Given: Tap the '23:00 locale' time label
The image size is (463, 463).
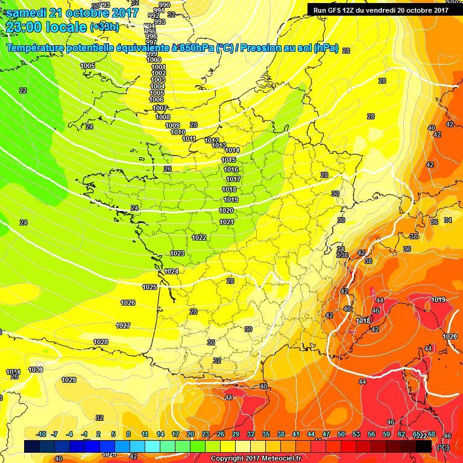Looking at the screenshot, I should pos(45,27).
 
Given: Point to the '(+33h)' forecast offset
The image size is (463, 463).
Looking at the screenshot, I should pos(104,27).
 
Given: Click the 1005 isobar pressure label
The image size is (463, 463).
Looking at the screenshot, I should pos(87,66).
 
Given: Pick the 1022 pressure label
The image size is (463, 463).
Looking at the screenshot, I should pos(200,238).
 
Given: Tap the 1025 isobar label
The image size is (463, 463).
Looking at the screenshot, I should pos(150,287).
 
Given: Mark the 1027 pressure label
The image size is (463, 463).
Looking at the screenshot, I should pos(123,326).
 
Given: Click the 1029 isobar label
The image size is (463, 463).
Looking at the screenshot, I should pos(69,380).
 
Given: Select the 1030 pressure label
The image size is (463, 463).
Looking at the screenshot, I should pos(36,370).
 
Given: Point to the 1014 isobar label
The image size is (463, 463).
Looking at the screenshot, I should pos(232,150).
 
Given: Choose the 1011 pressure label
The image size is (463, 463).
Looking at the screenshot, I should pos(189,139).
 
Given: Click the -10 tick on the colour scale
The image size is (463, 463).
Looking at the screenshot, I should pos(41,435).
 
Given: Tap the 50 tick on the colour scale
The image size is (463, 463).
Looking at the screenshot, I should pos(341,435).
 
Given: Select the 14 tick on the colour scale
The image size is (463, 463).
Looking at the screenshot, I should pos(160,435).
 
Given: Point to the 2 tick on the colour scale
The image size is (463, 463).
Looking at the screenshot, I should pos(99,435).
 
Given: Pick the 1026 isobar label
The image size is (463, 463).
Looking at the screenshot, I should pos(128,303).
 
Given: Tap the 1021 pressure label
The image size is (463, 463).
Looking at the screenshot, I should pos(227,222).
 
